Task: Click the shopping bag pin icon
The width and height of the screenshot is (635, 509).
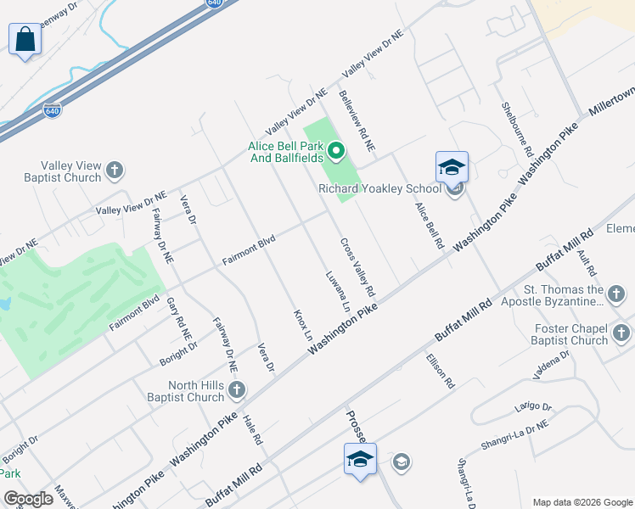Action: click(25, 40)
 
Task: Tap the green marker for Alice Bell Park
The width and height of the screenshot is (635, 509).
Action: click(336, 153)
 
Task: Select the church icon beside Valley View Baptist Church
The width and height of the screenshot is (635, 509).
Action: click(115, 172)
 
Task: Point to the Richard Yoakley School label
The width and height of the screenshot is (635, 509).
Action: click(379, 188)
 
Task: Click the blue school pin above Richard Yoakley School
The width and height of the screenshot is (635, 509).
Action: click(452, 167)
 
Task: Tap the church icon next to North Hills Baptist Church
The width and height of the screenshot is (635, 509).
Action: click(237, 390)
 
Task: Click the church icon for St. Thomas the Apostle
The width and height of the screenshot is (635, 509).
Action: click(616, 295)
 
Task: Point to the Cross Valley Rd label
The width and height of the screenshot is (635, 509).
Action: click(358, 266)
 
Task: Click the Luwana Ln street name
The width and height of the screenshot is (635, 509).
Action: click(337, 291)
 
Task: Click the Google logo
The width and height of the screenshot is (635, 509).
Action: click(28, 499)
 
